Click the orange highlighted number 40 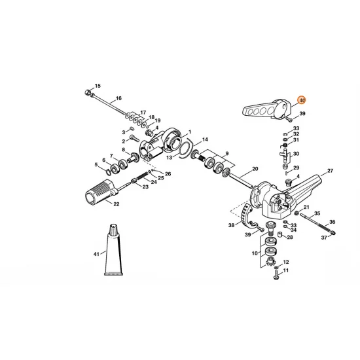[302, 100]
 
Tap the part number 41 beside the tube [96, 254]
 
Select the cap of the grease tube [114, 229]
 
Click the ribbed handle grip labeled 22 [101, 192]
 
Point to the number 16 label [118, 98]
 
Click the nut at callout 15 [87, 92]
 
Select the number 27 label [330, 171]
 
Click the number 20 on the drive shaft [255, 169]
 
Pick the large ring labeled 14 [186, 149]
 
